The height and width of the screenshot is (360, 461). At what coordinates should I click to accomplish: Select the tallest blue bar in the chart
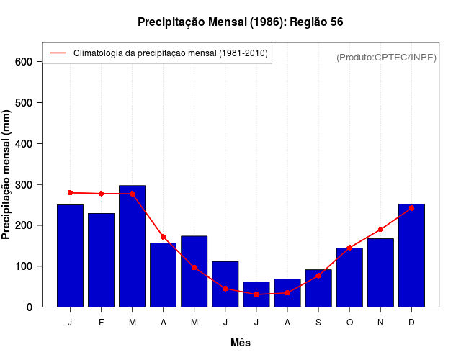pos(133,246)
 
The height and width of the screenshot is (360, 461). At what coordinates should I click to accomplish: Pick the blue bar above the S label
pos(318,288)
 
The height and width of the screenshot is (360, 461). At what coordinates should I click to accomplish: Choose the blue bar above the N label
pos(380,272)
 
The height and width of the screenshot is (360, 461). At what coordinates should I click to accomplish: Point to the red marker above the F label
pos(101,194)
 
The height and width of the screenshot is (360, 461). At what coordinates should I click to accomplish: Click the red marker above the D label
pos(411,208)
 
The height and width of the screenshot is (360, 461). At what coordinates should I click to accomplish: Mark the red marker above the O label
pos(349,248)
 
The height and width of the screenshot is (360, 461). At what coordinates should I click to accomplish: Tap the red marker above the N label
pos(380,230)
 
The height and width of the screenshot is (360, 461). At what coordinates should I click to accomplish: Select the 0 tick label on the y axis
pos(30,307)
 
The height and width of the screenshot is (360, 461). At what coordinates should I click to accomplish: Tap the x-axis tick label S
pos(318,322)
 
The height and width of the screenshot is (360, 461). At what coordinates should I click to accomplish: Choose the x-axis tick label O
pos(349,322)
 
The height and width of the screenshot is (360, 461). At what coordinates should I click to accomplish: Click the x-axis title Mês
pos(241,343)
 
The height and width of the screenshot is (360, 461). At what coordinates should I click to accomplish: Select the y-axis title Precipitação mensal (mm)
pos(7,174)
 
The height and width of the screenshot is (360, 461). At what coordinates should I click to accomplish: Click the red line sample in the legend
pos(58,53)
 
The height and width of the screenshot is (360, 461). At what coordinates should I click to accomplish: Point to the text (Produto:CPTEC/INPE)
pos(386,58)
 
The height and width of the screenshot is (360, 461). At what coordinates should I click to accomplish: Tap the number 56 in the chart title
pos(336,22)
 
